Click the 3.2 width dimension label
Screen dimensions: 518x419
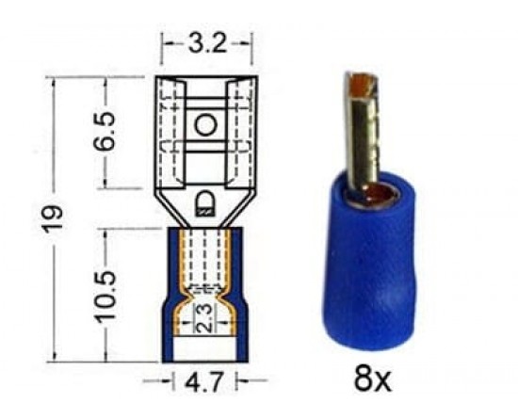coord(207,43)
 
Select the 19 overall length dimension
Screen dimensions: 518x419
coord(54,218)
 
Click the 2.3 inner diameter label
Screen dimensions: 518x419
coord(205,318)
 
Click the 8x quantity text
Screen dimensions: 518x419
coord(372,379)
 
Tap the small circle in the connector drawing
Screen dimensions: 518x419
coord(206,125)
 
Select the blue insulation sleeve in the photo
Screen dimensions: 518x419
coord(369,265)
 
